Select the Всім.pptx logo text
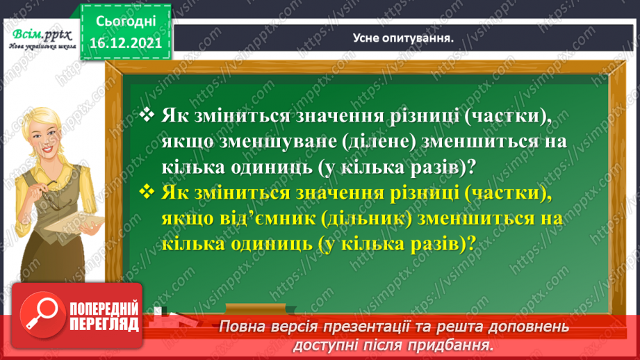[40, 33]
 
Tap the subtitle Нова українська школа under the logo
[40, 47]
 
